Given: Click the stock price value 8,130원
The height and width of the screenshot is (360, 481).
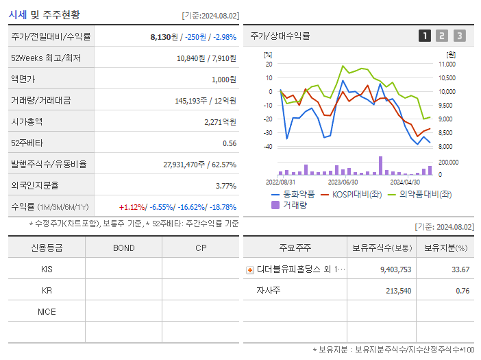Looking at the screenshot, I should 164,37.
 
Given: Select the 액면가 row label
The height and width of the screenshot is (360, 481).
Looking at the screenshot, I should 23,80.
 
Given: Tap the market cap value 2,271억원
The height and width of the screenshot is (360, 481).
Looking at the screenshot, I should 220,121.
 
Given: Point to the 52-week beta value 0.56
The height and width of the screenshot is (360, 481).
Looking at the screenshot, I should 229,143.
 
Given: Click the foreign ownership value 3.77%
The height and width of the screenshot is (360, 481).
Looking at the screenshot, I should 225,185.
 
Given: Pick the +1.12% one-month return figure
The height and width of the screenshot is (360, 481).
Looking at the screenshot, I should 133,206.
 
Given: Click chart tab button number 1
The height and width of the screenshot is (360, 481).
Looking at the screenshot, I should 425,36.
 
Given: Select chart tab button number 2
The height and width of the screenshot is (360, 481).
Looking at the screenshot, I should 442,36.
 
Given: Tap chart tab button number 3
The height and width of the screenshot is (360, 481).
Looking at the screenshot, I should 459,36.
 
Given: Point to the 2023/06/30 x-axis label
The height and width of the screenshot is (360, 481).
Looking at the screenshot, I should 343,182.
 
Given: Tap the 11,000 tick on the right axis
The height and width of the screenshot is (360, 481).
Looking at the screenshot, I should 446,64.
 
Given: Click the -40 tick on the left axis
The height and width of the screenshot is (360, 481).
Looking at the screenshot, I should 268,147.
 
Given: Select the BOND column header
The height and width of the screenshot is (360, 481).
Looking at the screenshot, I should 123,248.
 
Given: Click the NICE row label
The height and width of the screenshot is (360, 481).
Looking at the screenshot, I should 47,311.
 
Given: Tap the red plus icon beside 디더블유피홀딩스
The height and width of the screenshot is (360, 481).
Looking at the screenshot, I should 249,269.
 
